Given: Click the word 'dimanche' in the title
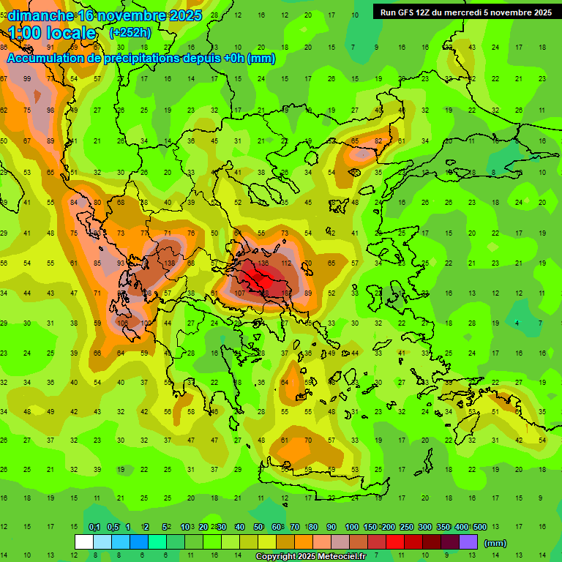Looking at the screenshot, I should click(x=40, y=15).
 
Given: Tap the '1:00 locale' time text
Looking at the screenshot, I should click(x=52, y=33).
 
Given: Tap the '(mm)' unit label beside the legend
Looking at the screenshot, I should click(x=495, y=543).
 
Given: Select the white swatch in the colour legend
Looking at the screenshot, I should click(x=84, y=542).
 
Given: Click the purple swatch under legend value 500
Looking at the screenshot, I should click(x=469, y=542).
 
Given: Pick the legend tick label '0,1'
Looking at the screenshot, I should click(x=94, y=528).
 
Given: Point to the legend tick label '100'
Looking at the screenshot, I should click(x=352, y=528).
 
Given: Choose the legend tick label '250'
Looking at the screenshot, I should click(x=406, y=528).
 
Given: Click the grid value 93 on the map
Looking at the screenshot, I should click(x=121, y=263).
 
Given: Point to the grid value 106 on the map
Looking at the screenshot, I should click(x=121, y=323).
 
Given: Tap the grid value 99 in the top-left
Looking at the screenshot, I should click(x=28, y=79).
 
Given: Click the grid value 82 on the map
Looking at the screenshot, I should click(x=378, y=140).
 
